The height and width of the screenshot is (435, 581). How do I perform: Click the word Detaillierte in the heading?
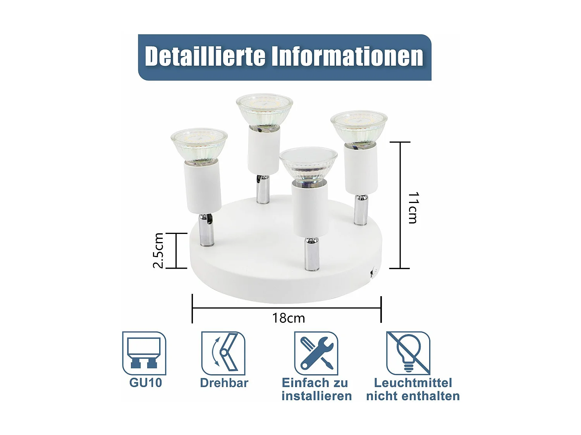(x=205, y=57)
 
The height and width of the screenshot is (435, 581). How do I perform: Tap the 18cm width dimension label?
(x=289, y=318)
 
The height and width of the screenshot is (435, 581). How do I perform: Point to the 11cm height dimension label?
(x=413, y=208)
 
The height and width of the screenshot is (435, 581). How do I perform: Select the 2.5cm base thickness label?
(x=158, y=250)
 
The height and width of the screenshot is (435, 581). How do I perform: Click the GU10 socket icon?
(x=144, y=353)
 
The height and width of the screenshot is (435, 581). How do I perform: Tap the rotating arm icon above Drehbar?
(x=223, y=353)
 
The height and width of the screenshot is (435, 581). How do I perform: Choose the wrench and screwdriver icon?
(x=316, y=353)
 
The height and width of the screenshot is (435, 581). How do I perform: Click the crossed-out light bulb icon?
(x=408, y=353)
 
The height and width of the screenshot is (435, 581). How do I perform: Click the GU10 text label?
(x=145, y=383)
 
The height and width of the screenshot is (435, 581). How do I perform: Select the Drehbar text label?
(x=224, y=383)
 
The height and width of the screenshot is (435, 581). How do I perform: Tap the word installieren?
(x=316, y=396)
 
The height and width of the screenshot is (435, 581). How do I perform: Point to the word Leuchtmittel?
(x=413, y=383)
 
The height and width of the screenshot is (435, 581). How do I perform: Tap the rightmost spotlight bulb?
(x=359, y=128)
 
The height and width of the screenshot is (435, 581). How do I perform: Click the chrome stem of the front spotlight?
(x=311, y=254)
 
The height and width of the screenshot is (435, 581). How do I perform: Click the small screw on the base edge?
(x=374, y=272)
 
